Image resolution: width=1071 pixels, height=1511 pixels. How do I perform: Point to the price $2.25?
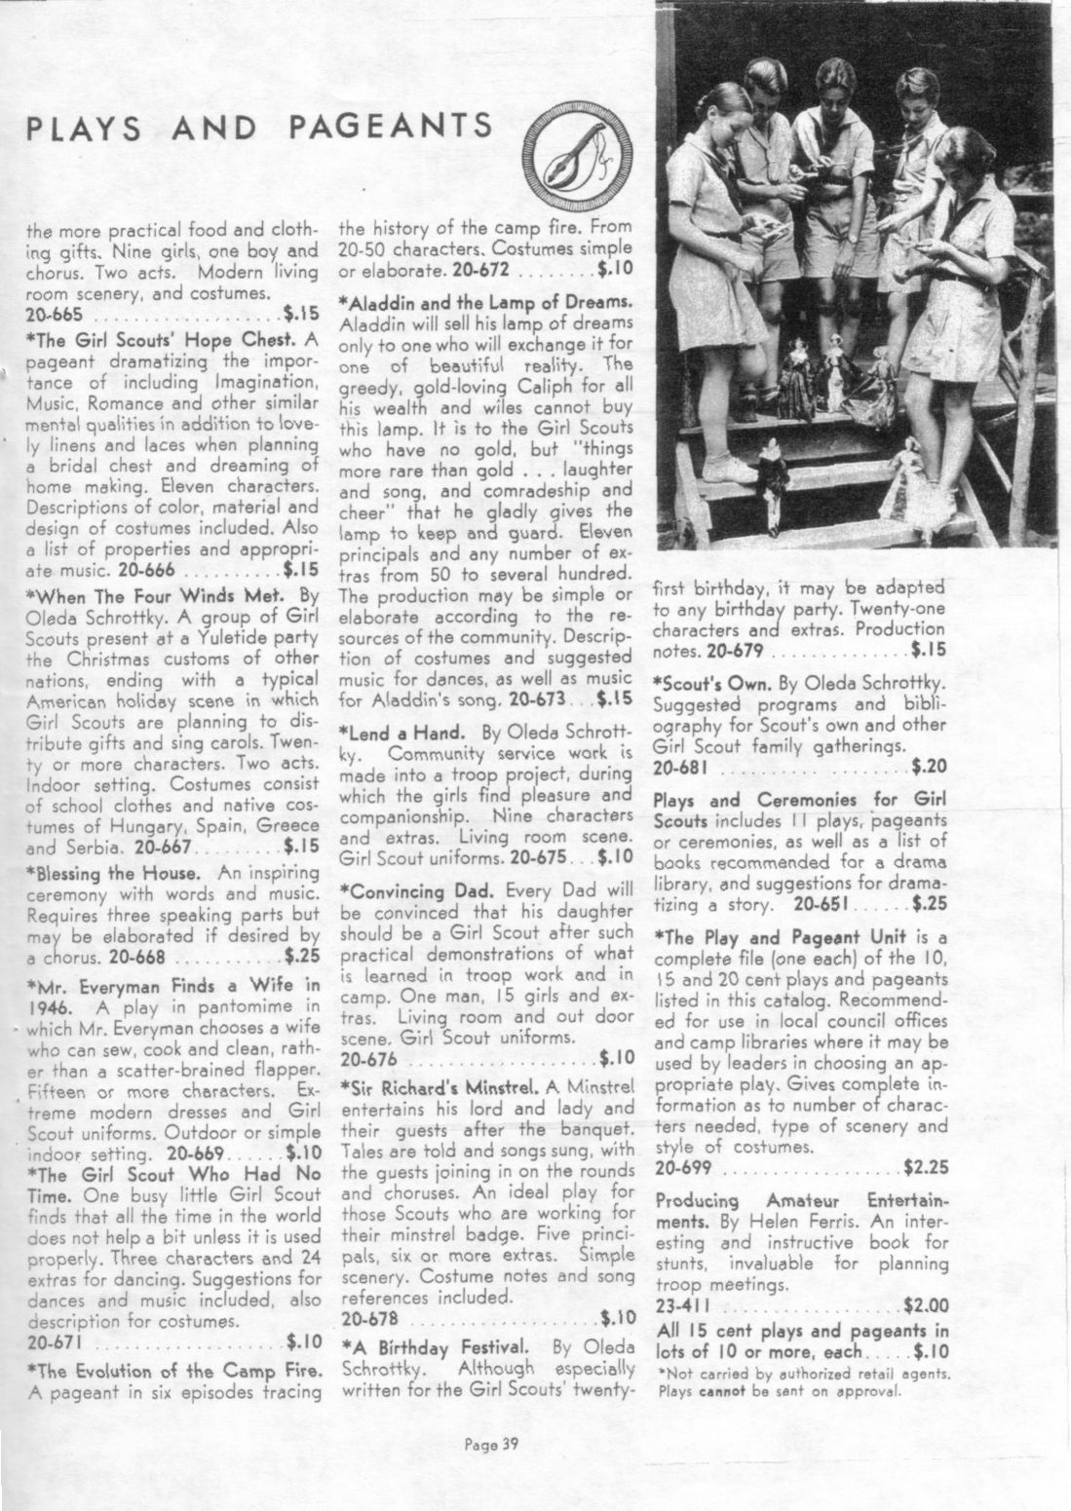[x=926, y=1166]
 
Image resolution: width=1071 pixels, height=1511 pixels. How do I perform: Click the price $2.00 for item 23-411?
[x=926, y=1305]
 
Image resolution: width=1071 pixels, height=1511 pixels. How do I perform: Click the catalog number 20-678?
[x=371, y=1319]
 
